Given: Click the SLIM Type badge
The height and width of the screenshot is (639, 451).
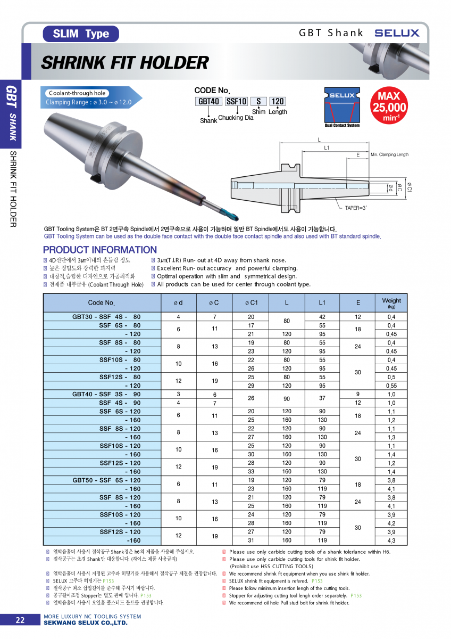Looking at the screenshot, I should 81,34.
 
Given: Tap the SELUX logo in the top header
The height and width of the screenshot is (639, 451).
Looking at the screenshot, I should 397,33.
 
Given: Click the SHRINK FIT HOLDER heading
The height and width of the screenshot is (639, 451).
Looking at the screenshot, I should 125,63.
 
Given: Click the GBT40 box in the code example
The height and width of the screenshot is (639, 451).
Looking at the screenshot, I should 209,101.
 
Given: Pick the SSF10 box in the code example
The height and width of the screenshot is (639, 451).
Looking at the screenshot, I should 237,101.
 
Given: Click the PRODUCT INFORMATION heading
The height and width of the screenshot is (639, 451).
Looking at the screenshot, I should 100,250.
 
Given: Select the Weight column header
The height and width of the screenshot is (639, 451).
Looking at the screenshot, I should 391,302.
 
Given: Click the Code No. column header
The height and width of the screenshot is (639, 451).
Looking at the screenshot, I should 101,302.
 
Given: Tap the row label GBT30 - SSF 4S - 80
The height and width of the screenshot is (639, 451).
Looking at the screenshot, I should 106,316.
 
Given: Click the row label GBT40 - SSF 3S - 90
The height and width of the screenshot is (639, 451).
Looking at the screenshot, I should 106,394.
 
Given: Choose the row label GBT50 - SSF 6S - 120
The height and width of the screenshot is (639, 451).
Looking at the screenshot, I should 106,480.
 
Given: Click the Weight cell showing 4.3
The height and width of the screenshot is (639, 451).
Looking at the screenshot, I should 391,540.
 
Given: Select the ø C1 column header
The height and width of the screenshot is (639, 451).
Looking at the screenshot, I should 251,302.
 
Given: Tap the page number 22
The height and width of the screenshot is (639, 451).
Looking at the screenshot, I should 20,620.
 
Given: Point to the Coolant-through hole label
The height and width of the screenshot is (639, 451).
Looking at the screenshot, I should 77,93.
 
